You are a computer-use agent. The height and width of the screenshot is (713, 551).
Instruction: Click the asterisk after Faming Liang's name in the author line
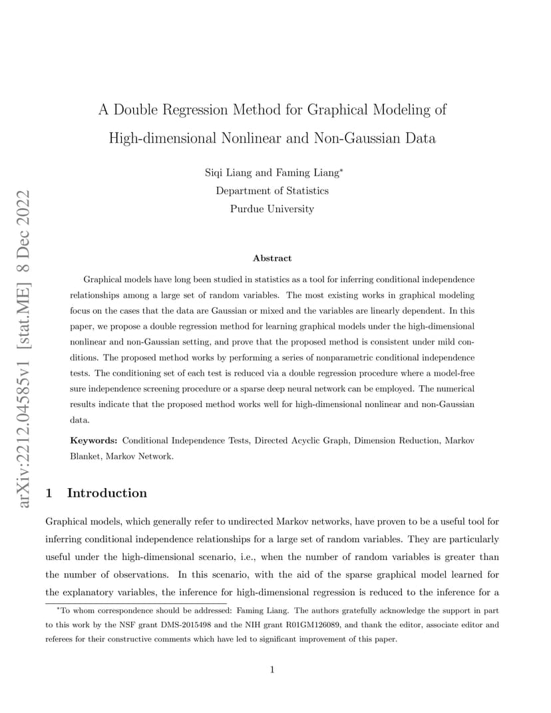pos(341,170)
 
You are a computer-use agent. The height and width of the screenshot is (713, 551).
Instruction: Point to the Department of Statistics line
pos(272,191)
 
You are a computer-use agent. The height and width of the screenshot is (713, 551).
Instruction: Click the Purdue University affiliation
pos(272,209)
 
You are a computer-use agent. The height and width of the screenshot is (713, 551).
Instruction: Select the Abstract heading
pos(272,258)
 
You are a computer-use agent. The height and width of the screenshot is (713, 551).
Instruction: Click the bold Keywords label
pos(94,440)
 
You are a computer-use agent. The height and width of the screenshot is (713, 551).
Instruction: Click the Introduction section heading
pos(107,493)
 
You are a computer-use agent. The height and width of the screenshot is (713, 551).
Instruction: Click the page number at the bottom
pos(272,670)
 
